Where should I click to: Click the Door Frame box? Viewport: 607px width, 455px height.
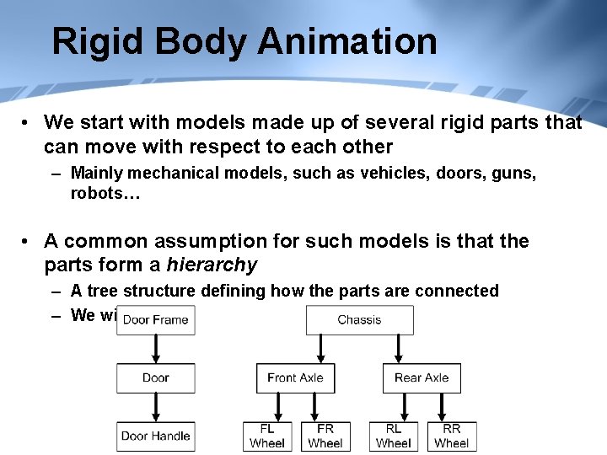click(156, 320)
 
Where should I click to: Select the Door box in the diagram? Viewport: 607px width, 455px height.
click(156, 377)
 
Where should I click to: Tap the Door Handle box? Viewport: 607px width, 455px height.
click(156, 436)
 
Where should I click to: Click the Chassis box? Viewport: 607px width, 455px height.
click(359, 320)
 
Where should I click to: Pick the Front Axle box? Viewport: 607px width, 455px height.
click(295, 377)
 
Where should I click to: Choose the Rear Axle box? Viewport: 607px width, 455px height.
click(422, 377)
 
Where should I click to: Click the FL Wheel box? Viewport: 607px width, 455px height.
click(267, 436)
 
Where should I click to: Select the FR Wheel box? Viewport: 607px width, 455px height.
click(325, 436)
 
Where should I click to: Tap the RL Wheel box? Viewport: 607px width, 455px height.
click(394, 436)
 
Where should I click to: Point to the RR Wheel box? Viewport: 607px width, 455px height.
click(452, 436)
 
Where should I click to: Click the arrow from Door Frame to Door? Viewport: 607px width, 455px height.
click(156, 349)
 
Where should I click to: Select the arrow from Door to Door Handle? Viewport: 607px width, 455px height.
click(156, 407)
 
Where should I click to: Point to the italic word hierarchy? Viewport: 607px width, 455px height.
click(212, 265)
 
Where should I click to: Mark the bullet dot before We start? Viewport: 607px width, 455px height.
click(28, 123)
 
